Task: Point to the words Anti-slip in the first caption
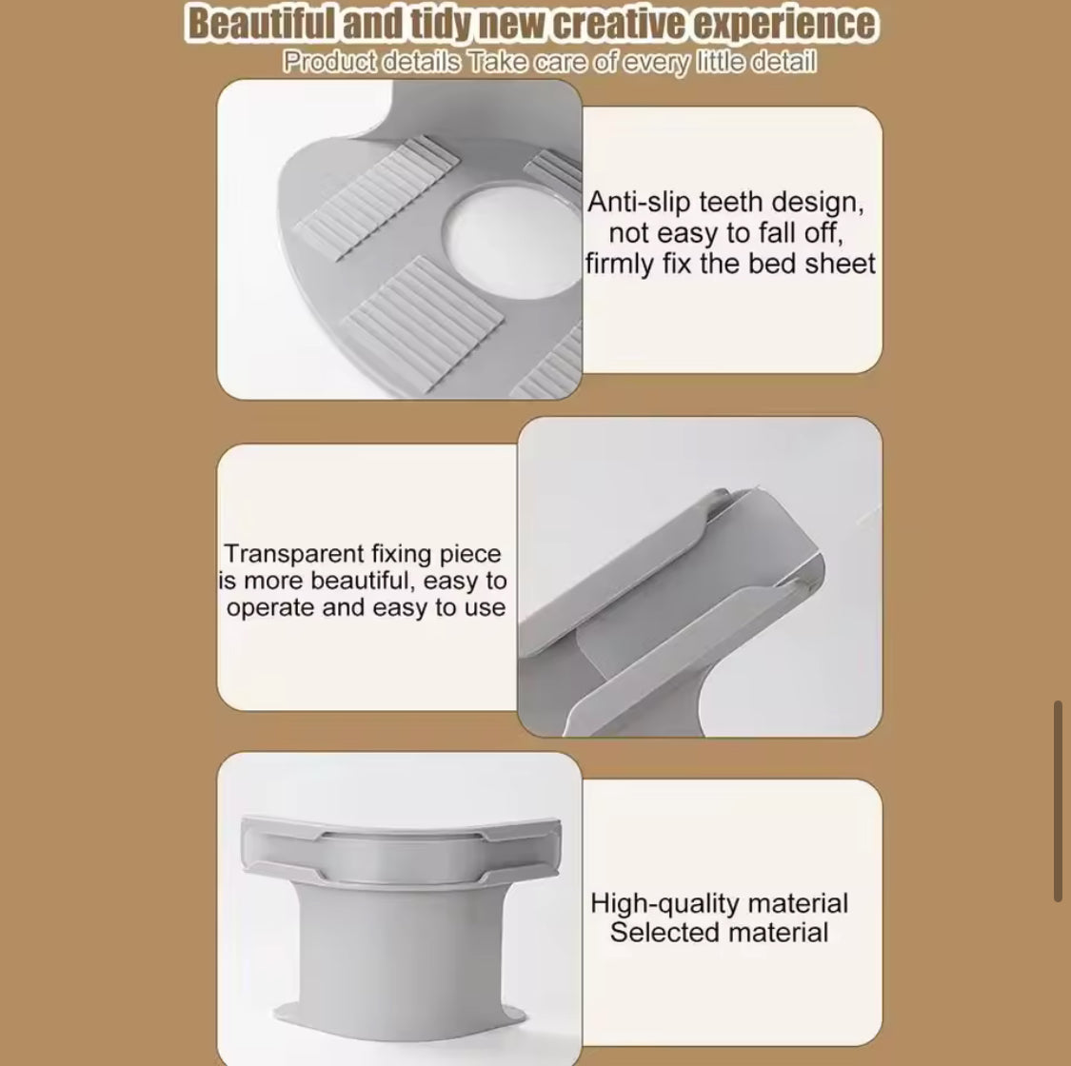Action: (x=640, y=202)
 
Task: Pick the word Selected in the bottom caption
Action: (x=657, y=932)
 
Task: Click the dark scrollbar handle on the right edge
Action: (x=1058, y=801)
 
